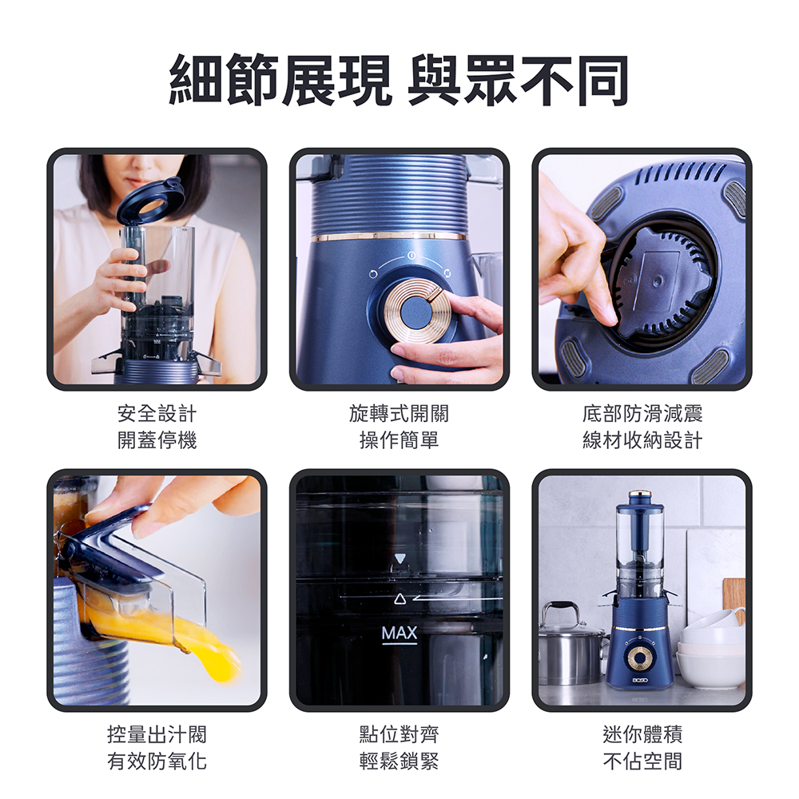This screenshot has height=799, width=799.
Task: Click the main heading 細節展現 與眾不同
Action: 399,80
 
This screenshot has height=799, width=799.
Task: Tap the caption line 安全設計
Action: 157,413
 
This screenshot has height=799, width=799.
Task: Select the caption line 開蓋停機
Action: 157,440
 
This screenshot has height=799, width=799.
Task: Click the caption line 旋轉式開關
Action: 399,413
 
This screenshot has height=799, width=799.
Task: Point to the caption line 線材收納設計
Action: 642,440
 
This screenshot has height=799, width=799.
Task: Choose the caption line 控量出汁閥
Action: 157,734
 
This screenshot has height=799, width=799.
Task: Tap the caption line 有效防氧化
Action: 157,761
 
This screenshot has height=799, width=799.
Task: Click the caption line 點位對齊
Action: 399,734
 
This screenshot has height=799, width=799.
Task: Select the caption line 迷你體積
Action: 642,734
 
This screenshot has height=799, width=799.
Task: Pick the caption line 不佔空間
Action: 642,761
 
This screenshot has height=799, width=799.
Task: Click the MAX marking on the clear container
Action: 399,633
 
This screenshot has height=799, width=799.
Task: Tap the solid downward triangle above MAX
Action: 400,559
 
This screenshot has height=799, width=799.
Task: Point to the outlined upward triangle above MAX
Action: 400,599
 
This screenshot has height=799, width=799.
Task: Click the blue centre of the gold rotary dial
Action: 417,312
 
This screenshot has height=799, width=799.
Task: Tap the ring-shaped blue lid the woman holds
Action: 150,200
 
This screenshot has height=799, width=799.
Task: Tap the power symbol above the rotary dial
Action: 411,255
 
